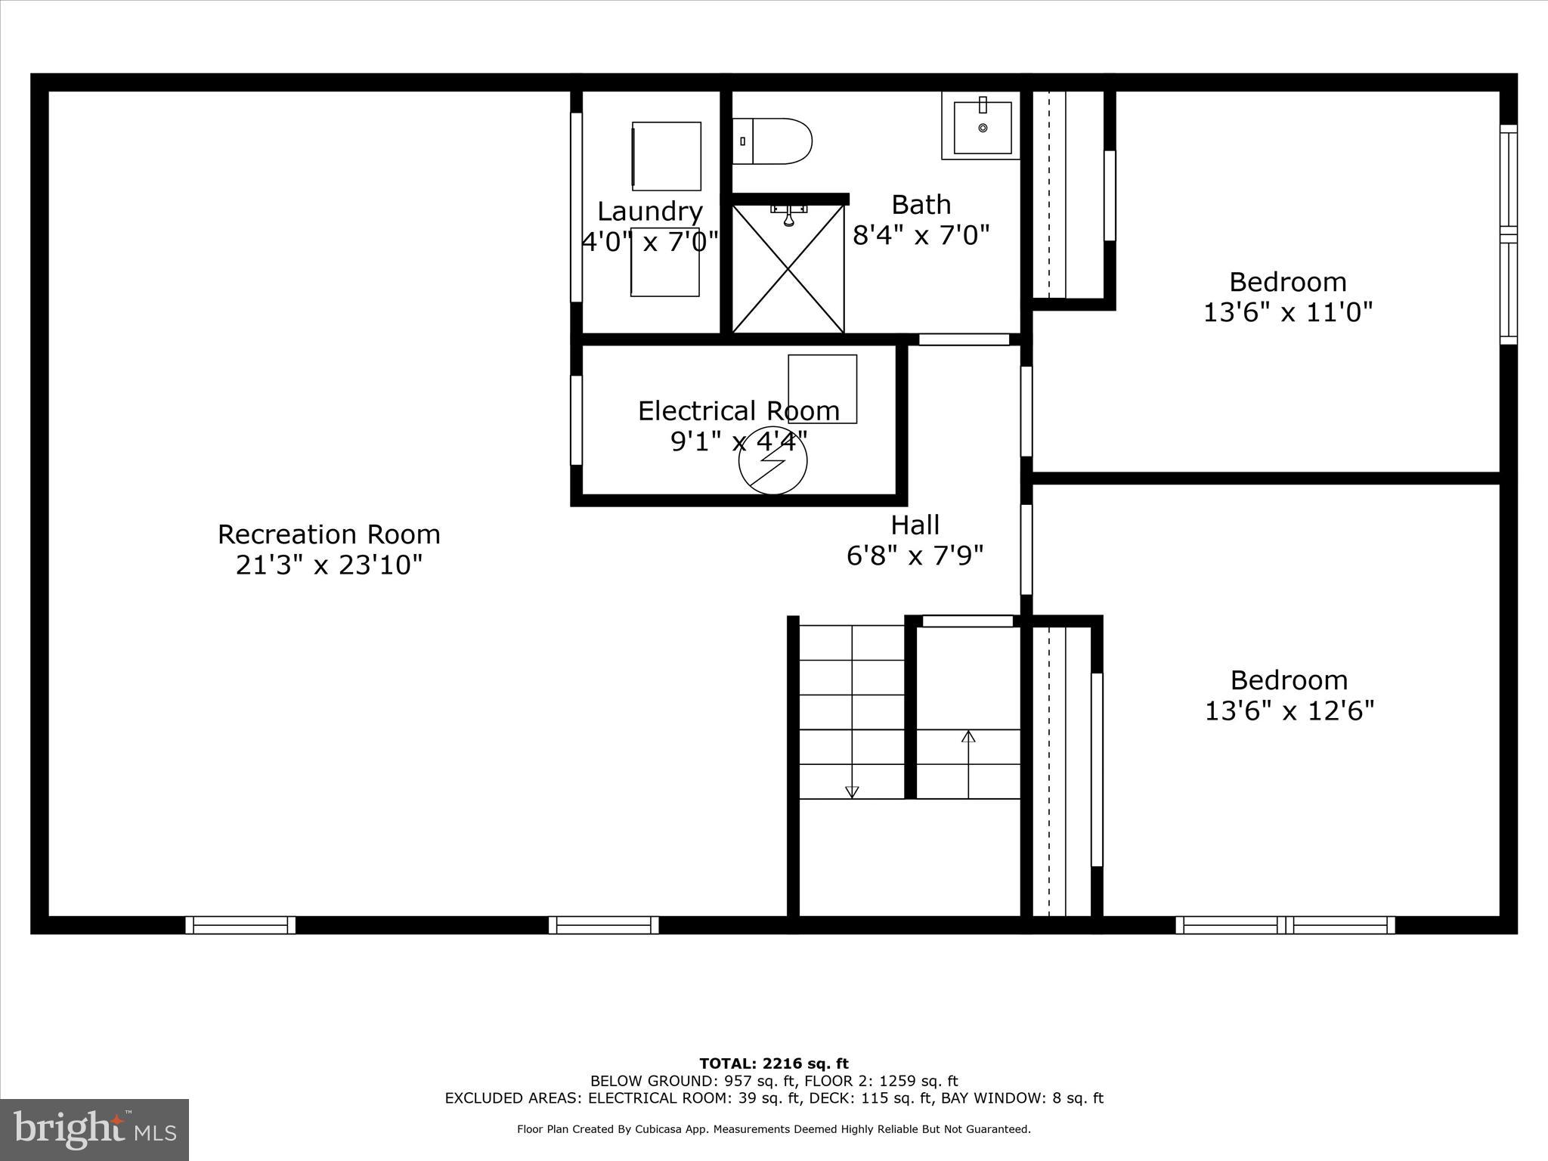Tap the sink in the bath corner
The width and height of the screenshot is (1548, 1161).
pyautogui.click(x=982, y=126)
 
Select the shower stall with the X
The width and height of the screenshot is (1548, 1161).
pyautogui.click(x=788, y=269)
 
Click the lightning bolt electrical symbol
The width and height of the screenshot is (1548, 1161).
pyautogui.click(x=772, y=461)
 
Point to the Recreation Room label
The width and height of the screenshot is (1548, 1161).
pyautogui.click(x=329, y=534)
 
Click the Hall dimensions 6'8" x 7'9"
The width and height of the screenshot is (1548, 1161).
pyautogui.click(x=915, y=556)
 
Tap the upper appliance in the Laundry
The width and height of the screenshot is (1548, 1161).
pyautogui.click(x=666, y=156)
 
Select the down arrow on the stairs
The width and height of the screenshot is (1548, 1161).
pyautogui.click(x=852, y=791)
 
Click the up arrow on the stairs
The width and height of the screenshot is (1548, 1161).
pyautogui.click(x=968, y=736)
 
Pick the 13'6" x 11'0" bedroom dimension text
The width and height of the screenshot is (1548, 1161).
pyautogui.click(x=1287, y=312)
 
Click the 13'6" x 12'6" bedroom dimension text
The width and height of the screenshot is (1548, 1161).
pyautogui.click(x=1289, y=711)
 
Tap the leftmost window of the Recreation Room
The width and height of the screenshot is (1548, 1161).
pyautogui.click(x=240, y=924)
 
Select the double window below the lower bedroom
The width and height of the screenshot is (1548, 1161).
pyautogui.click(x=1285, y=924)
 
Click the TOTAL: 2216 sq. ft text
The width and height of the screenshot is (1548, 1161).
pyautogui.click(x=773, y=1064)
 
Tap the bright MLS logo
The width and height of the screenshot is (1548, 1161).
pyautogui.click(x=94, y=1129)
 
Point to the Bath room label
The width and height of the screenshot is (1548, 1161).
pyautogui.click(x=921, y=205)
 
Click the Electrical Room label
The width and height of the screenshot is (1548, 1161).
pyautogui.click(x=738, y=411)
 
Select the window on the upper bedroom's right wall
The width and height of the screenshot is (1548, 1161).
pyautogui.click(x=1508, y=234)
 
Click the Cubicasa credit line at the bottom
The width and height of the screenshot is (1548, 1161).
pyautogui.click(x=773, y=1129)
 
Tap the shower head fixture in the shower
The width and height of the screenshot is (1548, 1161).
pyautogui.click(x=788, y=216)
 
